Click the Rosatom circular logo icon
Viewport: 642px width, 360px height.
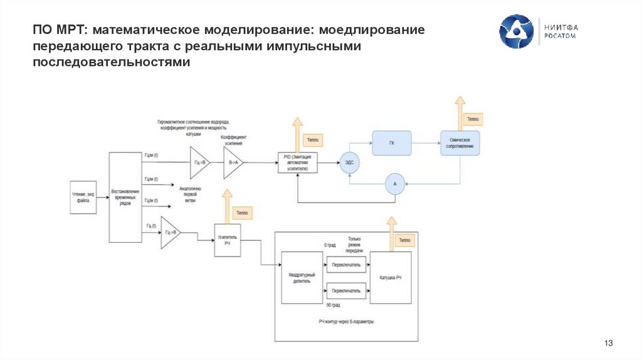(x=517, y=32)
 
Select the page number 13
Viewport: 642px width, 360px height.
(x=608, y=343)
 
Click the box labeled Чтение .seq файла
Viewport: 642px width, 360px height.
(x=83, y=198)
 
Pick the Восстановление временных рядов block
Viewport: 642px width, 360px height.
(x=125, y=198)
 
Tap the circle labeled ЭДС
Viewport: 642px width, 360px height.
(x=349, y=162)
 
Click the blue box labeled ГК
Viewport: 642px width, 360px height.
(x=391, y=143)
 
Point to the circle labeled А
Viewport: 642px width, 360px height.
(x=394, y=184)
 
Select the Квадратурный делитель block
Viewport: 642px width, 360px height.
(x=302, y=278)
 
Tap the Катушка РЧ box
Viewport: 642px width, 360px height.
(x=391, y=277)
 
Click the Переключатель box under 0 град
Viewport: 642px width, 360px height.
(x=346, y=263)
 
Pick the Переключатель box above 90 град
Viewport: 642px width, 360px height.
(x=346, y=291)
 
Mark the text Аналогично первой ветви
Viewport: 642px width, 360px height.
(x=190, y=194)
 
